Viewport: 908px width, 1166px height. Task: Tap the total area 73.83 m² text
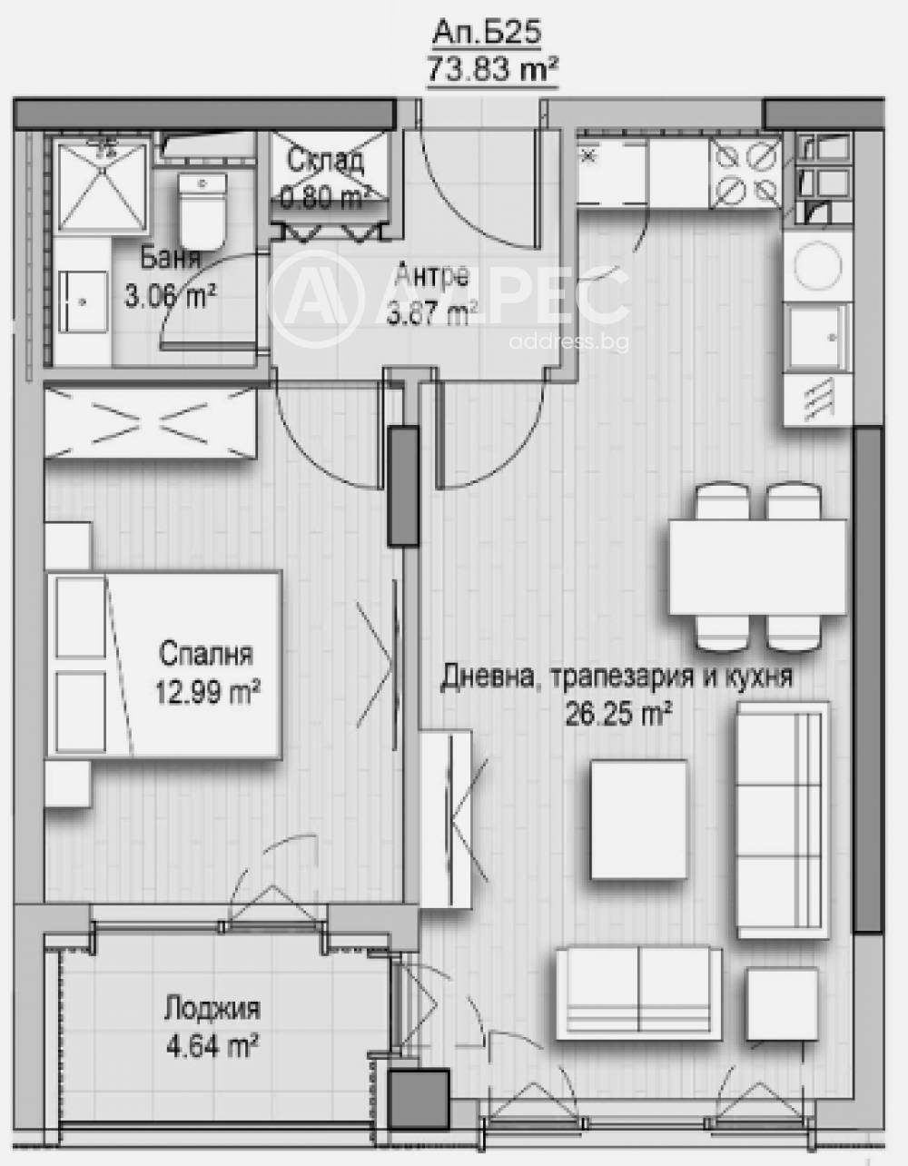pos(491,68)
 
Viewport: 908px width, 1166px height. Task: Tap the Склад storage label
pos(326,162)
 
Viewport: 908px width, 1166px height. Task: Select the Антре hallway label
pos(433,276)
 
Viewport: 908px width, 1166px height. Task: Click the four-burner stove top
pos(743,173)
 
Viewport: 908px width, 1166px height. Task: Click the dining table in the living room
pos(757,567)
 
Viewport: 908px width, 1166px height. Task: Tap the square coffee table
pos(638,819)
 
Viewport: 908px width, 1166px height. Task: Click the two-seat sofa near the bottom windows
pos(638,992)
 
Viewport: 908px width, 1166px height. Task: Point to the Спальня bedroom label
pos(206,654)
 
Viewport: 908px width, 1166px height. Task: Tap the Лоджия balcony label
pos(212,1009)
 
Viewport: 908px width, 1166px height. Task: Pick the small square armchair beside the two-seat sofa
pos(775,1004)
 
